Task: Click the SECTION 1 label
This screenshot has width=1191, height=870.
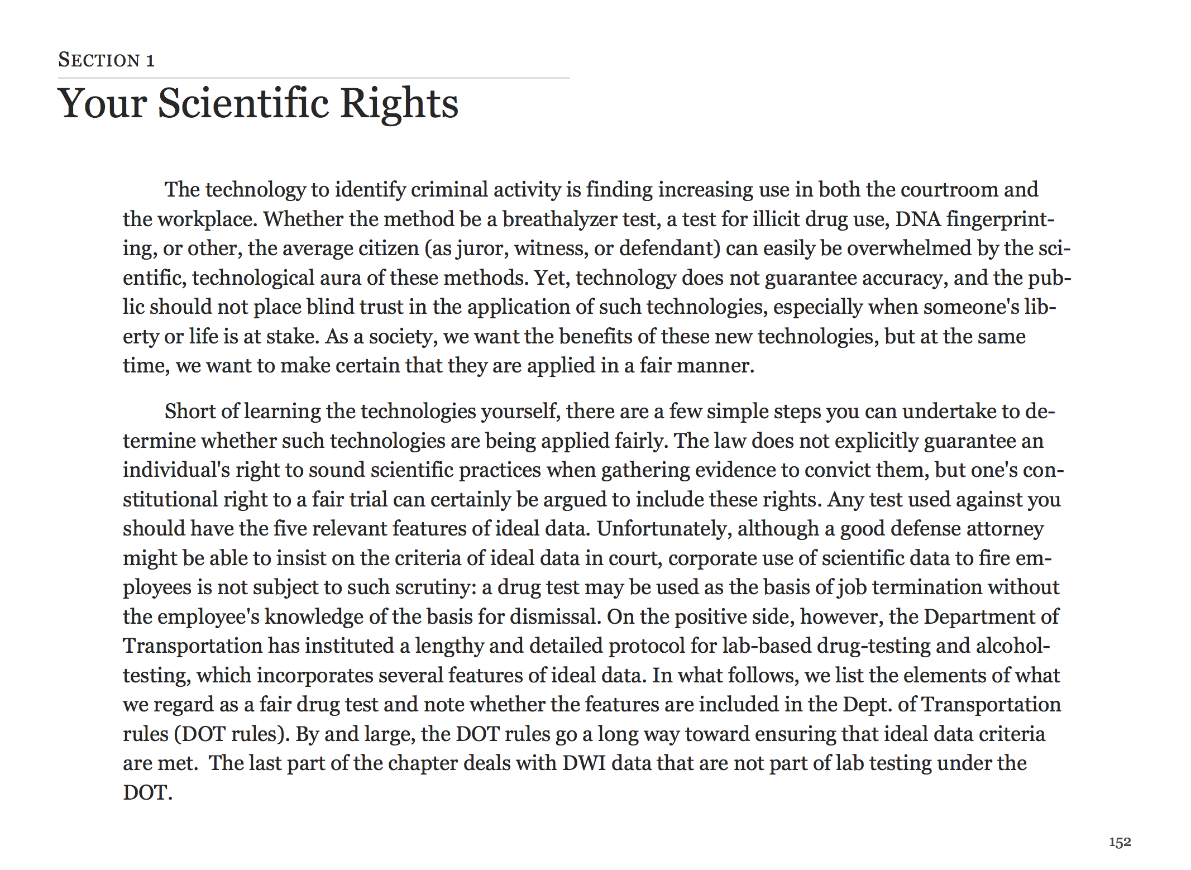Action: pos(106,60)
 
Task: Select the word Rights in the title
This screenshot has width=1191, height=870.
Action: pos(399,103)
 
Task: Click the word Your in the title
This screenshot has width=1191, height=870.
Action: pos(102,103)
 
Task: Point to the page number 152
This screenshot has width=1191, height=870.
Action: pos(1120,842)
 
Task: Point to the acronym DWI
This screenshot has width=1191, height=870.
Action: pos(584,763)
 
